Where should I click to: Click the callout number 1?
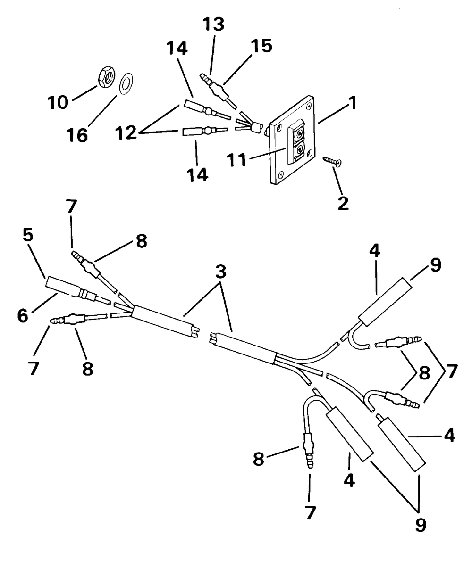(x=353, y=103)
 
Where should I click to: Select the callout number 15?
(x=261, y=46)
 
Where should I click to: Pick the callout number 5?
(x=28, y=236)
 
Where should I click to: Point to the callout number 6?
(x=23, y=316)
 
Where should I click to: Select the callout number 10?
(x=58, y=102)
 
